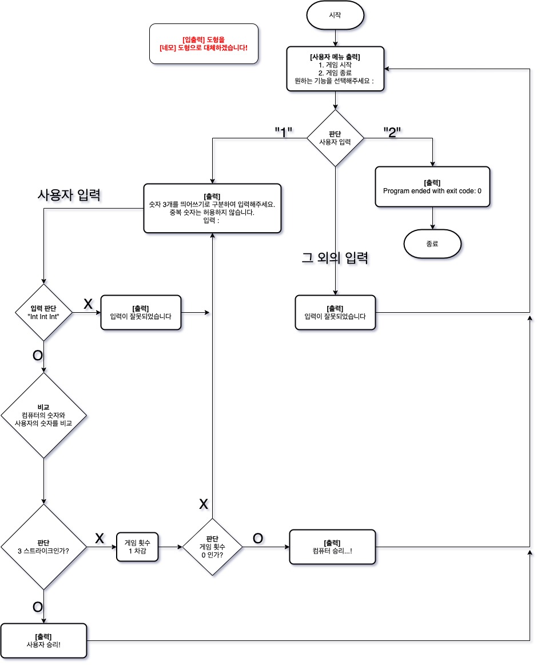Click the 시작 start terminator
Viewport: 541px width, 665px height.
point(335,17)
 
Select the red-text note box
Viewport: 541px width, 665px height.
point(204,43)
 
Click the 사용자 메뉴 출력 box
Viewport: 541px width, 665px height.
point(335,69)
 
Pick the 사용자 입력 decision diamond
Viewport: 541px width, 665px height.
point(335,138)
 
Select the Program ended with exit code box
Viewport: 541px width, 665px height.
point(432,186)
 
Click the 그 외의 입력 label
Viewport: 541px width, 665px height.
point(335,258)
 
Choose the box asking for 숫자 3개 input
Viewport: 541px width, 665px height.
point(212,208)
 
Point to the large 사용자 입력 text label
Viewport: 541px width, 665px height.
point(69,196)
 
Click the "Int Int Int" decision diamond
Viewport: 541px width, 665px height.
point(43,312)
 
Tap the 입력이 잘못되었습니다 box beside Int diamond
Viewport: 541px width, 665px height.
point(141,312)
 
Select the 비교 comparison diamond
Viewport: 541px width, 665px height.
point(43,415)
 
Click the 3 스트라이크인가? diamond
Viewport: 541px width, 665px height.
point(43,547)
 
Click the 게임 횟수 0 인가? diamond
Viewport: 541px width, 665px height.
point(212,547)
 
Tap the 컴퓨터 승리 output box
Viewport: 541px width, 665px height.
point(333,547)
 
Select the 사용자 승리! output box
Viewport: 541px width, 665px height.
point(43,640)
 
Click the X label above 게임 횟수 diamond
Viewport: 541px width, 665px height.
point(203,504)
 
